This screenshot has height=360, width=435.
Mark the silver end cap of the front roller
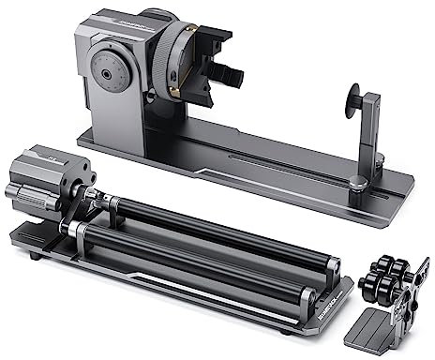click(305, 298)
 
